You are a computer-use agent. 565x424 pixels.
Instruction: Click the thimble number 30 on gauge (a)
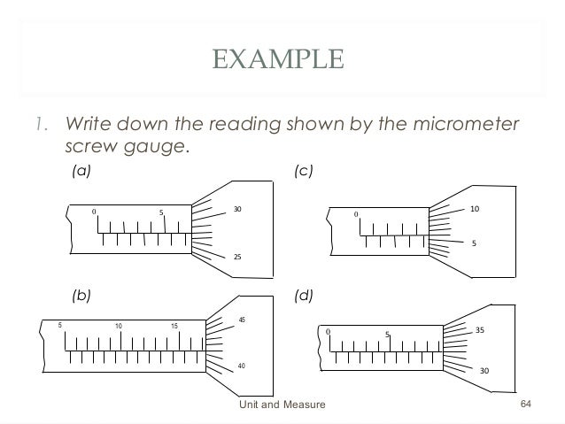237,209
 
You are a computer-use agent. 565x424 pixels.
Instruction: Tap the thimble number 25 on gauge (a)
237,256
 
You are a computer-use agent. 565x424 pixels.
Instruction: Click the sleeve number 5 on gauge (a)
161,212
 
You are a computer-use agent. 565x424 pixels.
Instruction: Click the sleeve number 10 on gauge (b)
118,327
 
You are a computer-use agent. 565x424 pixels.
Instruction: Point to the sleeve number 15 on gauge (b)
174,327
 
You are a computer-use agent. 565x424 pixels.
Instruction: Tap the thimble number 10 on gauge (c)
475,210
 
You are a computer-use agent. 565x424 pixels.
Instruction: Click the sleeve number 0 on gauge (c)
356,214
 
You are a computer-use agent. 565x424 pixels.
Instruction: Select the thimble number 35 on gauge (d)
480,330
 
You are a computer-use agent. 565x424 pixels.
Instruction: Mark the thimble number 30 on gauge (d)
484,371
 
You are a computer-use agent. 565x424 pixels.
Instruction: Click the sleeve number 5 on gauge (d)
387,335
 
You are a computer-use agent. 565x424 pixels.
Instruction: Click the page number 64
526,405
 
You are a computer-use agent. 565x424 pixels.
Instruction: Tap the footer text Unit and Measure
282,405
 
